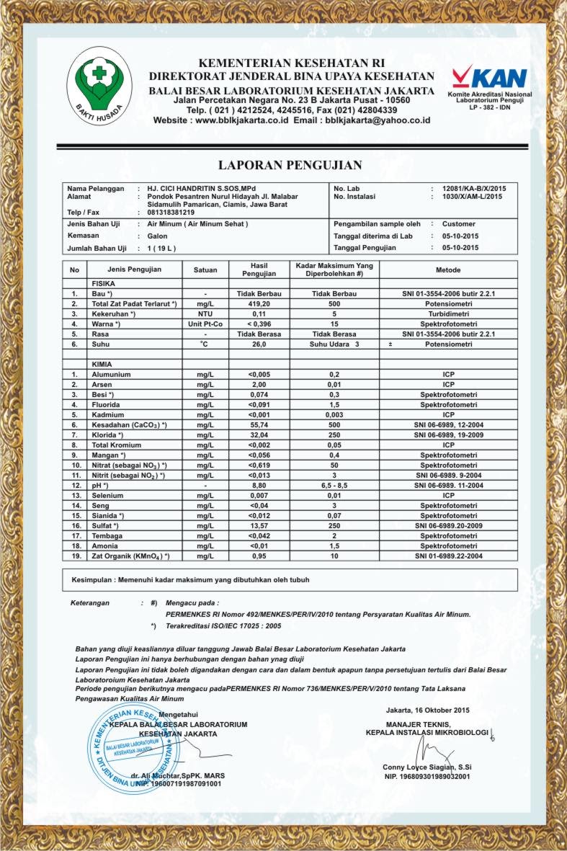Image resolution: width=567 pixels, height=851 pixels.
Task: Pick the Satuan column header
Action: [205, 270]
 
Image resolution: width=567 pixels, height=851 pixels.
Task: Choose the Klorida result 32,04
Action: [258, 435]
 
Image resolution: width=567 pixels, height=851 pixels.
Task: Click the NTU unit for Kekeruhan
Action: [205, 314]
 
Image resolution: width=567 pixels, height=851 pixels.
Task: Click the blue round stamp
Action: [134, 746]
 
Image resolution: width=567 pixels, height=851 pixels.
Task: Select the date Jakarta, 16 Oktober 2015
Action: [427, 710]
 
